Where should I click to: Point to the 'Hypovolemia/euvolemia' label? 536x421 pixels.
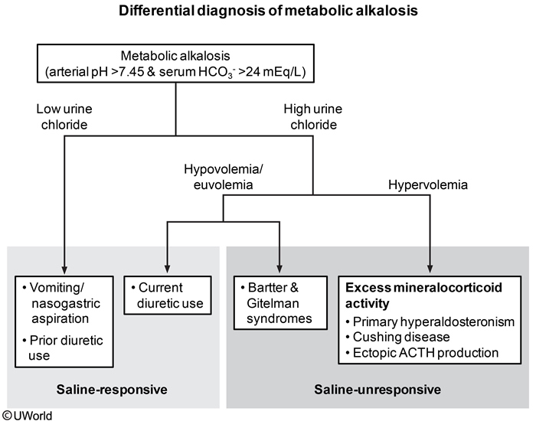point(217,176)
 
